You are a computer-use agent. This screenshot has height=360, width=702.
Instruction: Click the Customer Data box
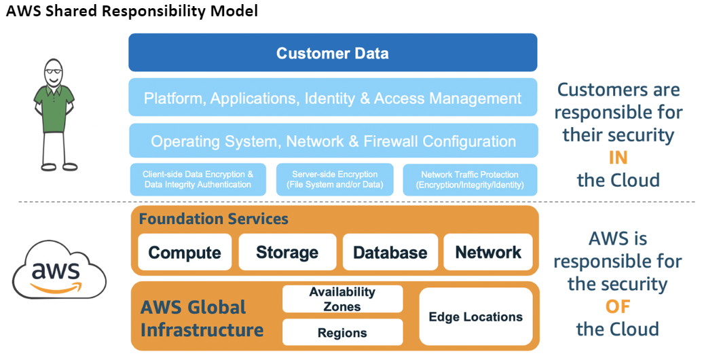[x=333, y=53]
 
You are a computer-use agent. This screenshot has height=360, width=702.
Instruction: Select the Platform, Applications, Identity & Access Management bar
[x=333, y=98]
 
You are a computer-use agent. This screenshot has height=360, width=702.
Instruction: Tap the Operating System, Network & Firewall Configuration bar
[x=333, y=141]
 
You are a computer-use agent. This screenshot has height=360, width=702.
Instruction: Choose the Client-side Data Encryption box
[x=198, y=180]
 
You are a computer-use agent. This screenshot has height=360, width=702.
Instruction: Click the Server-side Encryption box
[x=334, y=180]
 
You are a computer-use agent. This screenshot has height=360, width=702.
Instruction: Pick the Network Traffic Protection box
[x=470, y=180]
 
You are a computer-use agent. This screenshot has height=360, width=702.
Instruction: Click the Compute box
[x=185, y=253]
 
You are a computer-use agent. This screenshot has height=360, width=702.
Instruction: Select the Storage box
[x=287, y=253]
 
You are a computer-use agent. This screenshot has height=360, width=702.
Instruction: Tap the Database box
[x=390, y=253]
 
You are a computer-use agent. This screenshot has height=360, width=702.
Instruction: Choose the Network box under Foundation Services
[x=488, y=253]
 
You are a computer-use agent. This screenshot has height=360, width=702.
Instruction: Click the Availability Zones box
[x=342, y=299]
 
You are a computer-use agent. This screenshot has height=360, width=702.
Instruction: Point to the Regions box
[x=342, y=333]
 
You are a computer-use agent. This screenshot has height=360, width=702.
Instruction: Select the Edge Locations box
[x=475, y=317]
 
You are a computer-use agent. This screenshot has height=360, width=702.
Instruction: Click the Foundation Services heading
[x=214, y=219]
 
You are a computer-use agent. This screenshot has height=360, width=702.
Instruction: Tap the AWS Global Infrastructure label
[x=202, y=319]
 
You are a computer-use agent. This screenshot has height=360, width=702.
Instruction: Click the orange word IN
[x=618, y=158]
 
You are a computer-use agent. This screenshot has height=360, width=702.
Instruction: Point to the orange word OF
[x=618, y=306]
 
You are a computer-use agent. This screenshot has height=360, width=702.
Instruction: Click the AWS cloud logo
[x=60, y=272]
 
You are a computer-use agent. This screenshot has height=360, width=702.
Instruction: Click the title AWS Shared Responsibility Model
[x=132, y=12]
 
